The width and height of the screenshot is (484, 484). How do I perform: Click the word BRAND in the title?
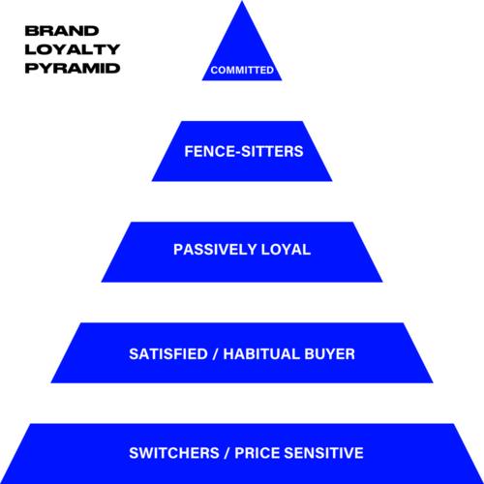[x=62, y=31]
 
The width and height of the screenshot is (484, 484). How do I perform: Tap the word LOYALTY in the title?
[x=73, y=49]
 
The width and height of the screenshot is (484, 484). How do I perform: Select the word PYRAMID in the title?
[x=73, y=68]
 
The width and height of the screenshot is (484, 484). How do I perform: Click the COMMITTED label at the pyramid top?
[x=242, y=70]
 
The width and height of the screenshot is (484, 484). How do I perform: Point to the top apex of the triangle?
[x=242, y=1]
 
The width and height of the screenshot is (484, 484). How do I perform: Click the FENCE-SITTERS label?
[x=244, y=151]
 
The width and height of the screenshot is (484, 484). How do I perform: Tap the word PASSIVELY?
[x=215, y=250]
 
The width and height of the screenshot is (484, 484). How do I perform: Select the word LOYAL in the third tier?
[x=286, y=250]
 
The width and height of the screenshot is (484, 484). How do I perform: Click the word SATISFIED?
[x=168, y=354]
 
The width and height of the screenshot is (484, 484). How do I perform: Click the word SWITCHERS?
[x=174, y=453]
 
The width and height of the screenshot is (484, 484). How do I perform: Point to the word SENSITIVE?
[x=324, y=453]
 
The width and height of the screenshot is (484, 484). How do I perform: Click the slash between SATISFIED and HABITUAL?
[x=216, y=354]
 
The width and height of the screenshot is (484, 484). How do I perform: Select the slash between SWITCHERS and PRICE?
[x=227, y=453]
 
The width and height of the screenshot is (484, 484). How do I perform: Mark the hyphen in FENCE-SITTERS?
[x=239, y=152]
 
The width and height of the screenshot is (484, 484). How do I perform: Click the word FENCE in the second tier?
[x=210, y=151]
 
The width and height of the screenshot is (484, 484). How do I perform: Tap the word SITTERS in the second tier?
[x=273, y=151]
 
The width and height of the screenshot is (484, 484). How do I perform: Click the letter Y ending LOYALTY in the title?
[x=113, y=49]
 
